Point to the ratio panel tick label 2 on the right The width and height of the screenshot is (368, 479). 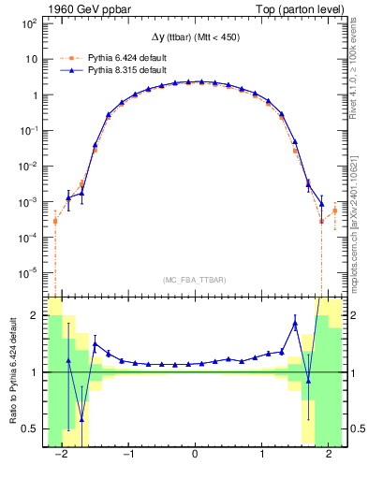pyautogui.click(x=353, y=316)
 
